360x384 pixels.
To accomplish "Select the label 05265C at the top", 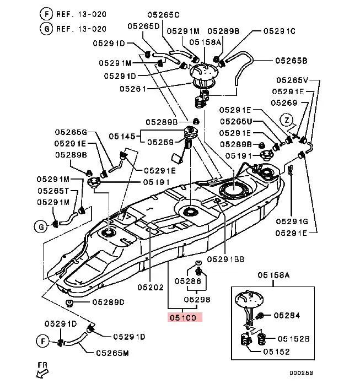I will click(163, 14).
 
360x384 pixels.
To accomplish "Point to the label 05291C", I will click(280, 31).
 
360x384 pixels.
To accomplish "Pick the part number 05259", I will click(161, 142).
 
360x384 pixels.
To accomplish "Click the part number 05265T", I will click(53, 191).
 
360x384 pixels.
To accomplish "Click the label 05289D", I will click(108, 302).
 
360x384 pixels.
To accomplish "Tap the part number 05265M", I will click(112, 353).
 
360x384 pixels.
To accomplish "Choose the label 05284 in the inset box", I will click(286, 316).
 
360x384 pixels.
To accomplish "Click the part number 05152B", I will click(293, 339).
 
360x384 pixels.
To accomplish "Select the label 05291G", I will click(292, 221).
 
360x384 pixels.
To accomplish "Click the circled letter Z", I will click(286, 120).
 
